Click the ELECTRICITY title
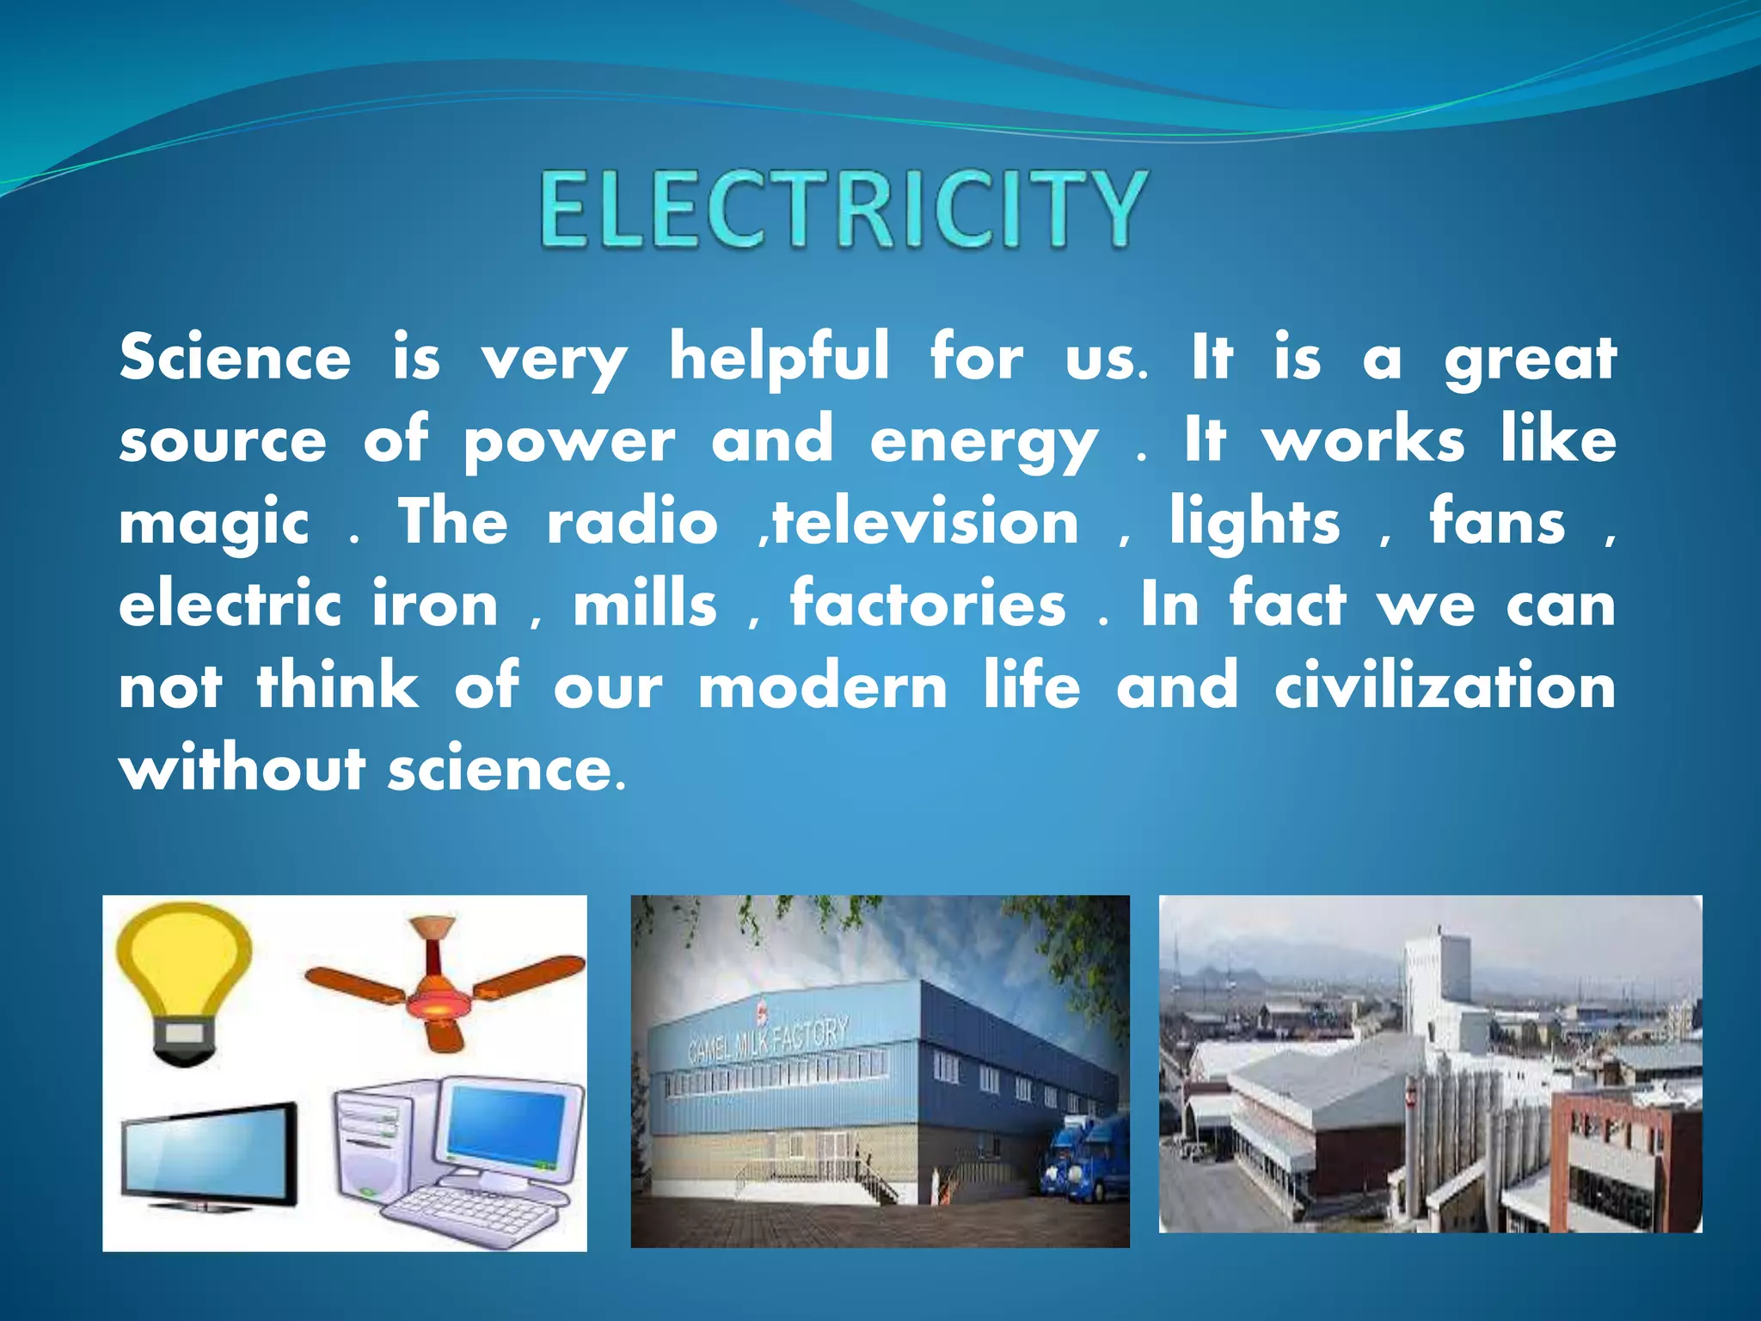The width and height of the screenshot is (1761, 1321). tap(843, 209)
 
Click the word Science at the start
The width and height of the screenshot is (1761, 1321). tap(235, 358)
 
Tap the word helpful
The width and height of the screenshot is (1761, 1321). tap(779, 358)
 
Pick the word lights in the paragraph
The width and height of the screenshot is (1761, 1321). tap(1254, 523)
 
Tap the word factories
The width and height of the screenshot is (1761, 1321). tap(928, 605)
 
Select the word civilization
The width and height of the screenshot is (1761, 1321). tap(1445, 687)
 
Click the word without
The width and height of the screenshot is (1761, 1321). tap(242, 768)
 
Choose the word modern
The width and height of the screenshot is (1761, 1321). tap(822, 687)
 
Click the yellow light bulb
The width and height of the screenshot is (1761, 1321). tap(184, 980)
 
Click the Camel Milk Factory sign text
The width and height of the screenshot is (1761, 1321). tap(768, 1040)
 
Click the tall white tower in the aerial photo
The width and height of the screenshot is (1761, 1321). tap(1436, 989)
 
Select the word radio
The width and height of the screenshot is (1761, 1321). tap(632, 523)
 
